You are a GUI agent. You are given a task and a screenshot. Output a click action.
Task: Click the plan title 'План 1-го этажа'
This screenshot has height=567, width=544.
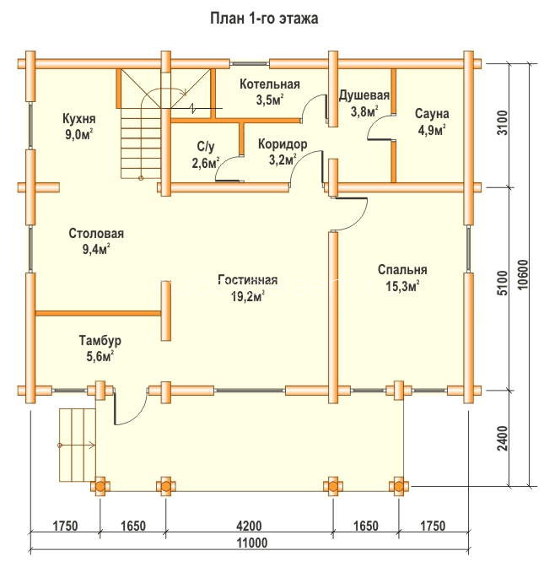(x=264, y=19)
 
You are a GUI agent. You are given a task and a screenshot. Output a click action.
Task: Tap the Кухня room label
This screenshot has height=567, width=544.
(x=79, y=119)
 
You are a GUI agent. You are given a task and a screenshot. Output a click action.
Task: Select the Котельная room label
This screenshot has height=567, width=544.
(x=270, y=84)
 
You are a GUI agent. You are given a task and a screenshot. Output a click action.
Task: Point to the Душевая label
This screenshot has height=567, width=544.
(x=364, y=95)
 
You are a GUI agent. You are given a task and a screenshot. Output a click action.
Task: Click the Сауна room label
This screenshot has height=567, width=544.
(x=432, y=114)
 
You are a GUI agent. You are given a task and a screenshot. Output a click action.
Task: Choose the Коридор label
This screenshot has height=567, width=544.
(x=283, y=144)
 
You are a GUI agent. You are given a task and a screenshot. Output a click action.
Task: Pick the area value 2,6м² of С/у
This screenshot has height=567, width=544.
(x=206, y=164)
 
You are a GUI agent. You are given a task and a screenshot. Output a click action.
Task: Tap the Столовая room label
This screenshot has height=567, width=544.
(x=96, y=233)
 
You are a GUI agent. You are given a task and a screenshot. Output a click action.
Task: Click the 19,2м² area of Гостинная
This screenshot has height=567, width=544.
(x=248, y=297)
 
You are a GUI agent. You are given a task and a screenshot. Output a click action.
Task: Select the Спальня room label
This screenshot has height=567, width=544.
(x=402, y=270)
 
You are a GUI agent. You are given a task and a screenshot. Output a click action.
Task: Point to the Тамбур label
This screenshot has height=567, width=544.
(x=100, y=341)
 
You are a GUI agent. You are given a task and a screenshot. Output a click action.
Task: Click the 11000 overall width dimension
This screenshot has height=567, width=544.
(x=252, y=543)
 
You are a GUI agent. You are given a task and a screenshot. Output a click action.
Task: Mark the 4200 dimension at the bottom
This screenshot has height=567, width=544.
(x=249, y=526)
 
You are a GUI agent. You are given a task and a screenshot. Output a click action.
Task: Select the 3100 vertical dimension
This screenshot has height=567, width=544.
(x=503, y=122)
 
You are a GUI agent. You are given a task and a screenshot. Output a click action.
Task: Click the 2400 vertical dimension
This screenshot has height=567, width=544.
(x=503, y=438)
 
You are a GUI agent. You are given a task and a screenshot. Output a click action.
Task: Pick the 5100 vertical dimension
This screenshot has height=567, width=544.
(x=503, y=283)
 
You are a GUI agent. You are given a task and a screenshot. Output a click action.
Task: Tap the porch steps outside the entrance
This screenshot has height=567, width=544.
(x=77, y=445)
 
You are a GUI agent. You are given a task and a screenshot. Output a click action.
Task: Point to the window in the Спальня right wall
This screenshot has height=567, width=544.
(x=469, y=249)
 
